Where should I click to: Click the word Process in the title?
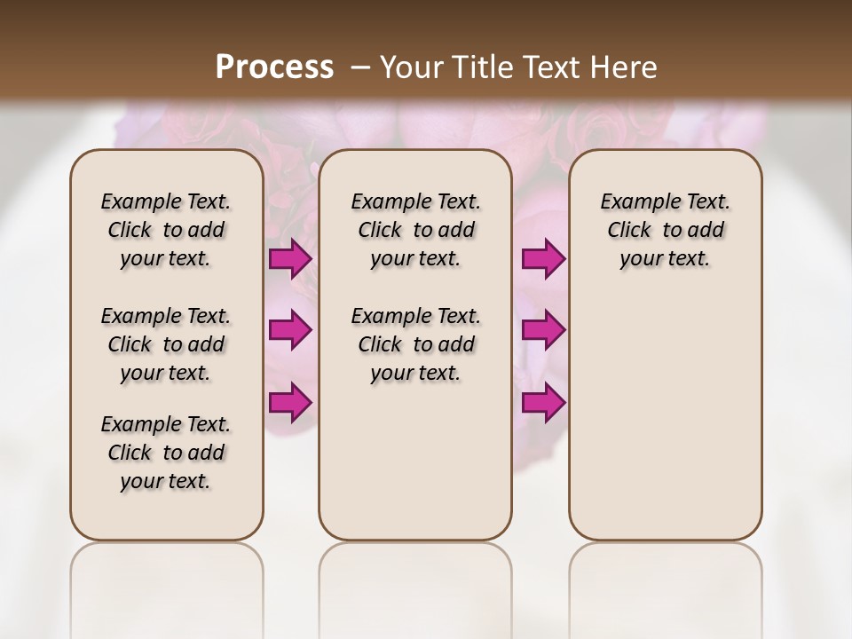pos(274,67)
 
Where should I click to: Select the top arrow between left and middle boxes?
pos(290,259)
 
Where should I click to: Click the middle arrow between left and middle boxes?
pos(290,330)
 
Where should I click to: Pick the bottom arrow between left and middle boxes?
pos(290,402)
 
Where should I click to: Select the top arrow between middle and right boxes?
pos(543,259)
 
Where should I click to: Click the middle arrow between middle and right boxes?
pos(543,330)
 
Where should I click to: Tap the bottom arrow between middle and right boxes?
pos(543,402)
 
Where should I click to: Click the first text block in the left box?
pos(165,230)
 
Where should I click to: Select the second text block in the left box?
pos(165,344)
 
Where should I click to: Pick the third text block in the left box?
pos(165,453)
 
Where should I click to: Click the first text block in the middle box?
pos(415,230)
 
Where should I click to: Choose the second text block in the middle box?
pos(415,344)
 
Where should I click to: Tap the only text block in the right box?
pos(665,230)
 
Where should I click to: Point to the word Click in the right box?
pos(629,230)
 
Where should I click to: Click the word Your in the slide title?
pos(407,67)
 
